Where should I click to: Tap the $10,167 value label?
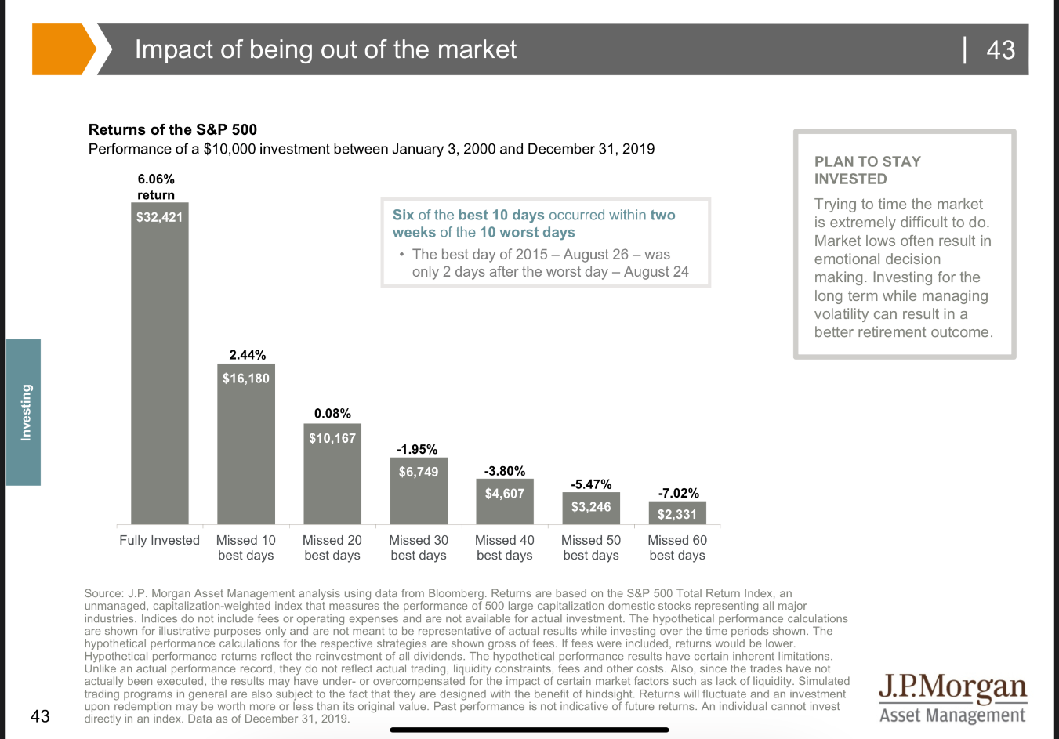[332, 438]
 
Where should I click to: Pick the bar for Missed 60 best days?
[677, 513]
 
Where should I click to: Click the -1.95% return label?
[417, 449]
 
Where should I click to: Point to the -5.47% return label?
[591, 484]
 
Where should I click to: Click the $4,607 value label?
[505, 494]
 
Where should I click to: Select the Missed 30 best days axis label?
[419, 548]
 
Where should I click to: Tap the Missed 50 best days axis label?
[591, 548]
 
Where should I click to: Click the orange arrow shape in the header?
[61, 49]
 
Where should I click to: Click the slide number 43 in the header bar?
[1000, 50]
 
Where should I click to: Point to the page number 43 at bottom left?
[40, 715]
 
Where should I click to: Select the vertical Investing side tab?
[24, 412]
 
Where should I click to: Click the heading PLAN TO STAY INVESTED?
[867, 170]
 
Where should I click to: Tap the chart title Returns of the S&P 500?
[172, 130]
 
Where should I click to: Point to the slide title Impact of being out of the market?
[325, 49]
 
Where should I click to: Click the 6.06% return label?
[156, 179]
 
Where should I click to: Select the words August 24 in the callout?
[656, 272]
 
